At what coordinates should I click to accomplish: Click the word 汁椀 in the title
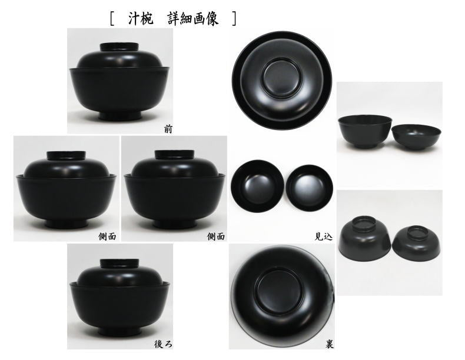coord(139,18)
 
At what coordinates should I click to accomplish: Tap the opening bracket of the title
coord(112,19)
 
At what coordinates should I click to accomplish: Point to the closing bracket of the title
coord(234,19)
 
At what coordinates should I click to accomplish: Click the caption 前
coord(168,127)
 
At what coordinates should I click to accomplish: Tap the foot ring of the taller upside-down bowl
coord(364,224)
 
